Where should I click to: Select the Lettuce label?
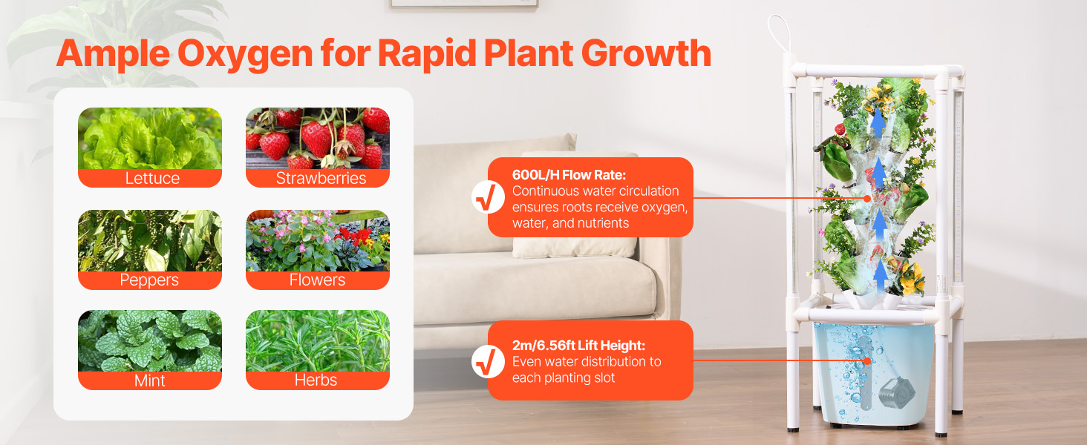pyautogui.click(x=152, y=178)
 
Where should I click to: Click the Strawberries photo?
pyautogui.click(x=318, y=138)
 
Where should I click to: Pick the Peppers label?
pyautogui.click(x=149, y=280)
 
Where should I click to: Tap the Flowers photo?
pyautogui.click(x=318, y=240)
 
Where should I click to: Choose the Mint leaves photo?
pyautogui.click(x=150, y=340)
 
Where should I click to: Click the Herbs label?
pyautogui.click(x=316, y=380)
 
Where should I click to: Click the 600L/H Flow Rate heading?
pyautogui.click(x=569, y=174)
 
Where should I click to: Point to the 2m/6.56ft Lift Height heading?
pyautogui.click(x=579, y=345)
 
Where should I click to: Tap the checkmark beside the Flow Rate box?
pyautogui.click(x=488, y=197)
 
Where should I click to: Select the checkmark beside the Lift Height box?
pyautogui.click(x=488, y=362)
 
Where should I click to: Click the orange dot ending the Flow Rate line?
pyautogui.click(x=867, y=198)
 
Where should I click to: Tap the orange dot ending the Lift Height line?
pyautogui.click(x=867, y=361)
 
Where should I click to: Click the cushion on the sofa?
pyautogui.click(x=575, y=205)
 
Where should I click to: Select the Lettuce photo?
pyautogui.click(x=150, y=138)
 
